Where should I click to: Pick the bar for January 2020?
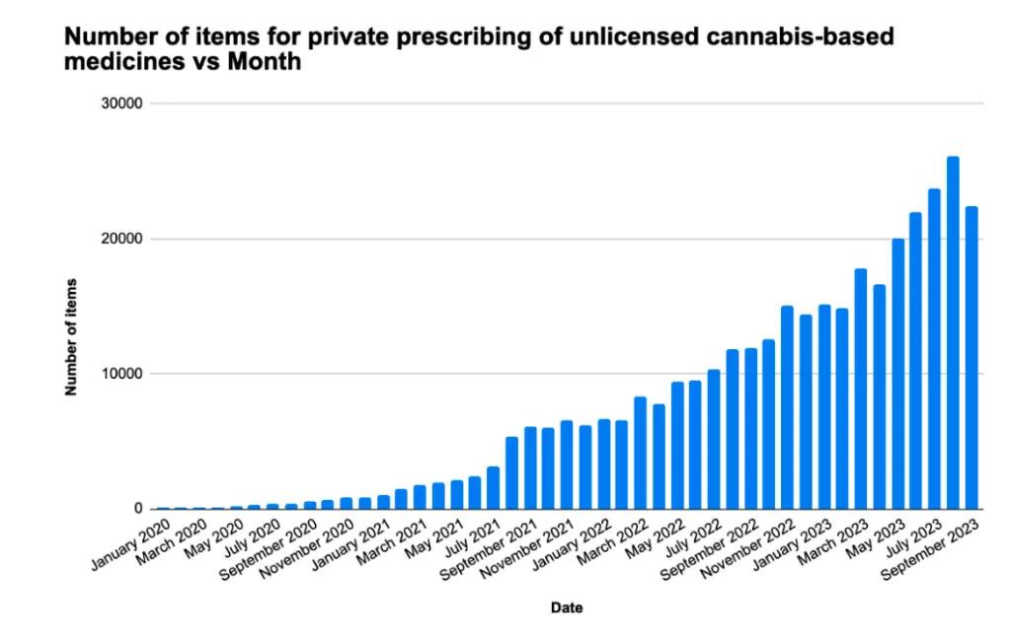(163, 508)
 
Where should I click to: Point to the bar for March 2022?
(640, 453)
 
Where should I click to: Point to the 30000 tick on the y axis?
(123, 104)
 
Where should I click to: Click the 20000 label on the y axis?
(123, 239)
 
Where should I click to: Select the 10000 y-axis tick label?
(123, 374)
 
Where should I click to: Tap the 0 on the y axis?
(139, 509)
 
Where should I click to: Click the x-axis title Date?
(567, 608)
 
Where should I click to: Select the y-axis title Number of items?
(71, 337)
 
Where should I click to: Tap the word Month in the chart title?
(263, 61)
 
